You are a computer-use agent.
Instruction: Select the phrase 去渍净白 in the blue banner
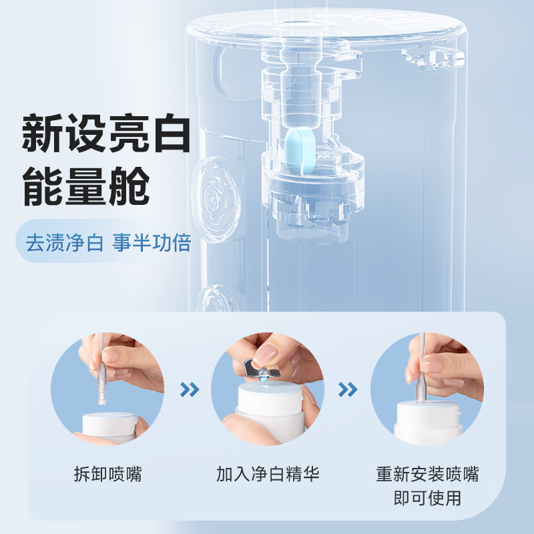coord(64,242)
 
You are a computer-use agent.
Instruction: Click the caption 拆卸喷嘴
coord(107,475)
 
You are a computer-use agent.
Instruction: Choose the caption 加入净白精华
coord(268,475)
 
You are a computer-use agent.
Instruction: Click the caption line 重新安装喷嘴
coord(427,475)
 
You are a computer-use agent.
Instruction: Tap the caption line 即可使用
coord(427,498)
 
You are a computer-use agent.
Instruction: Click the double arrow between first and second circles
coord(190,389)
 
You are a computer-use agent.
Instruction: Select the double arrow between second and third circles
coord(348,389)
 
